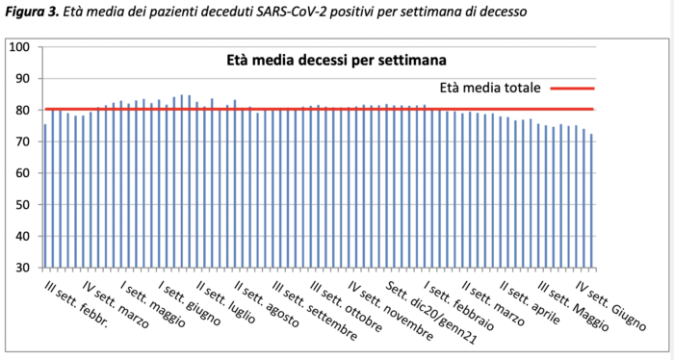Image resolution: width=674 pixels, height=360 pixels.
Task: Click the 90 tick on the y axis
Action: (x=24, y=79)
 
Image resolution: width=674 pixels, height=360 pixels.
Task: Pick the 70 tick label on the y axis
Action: (x=24, y=141)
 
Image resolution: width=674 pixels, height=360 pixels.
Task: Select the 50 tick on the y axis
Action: (x=24, y=204)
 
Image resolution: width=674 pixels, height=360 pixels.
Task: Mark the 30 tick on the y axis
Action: (x=24, y=267)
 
